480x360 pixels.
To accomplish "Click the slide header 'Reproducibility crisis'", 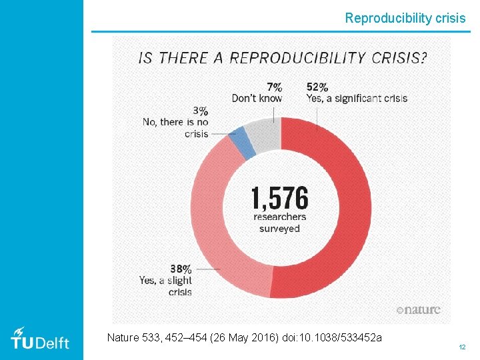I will [x=405, y=19].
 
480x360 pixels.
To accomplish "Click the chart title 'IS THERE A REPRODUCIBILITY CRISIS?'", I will [x=283, y=57].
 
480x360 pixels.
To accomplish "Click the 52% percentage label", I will [x=317, y=87].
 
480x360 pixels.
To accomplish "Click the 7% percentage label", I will [x=274, y=87].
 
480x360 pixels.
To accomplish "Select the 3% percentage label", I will [x=200, y=111].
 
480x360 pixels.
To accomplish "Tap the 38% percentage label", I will [x=181, y=269].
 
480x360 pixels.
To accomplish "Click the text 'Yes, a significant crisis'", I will [x=357, y=99].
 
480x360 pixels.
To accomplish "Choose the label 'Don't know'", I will [x=257, y=99].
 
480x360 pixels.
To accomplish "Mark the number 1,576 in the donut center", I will [x=280, y=198].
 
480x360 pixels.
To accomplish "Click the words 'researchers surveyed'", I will [x=280, y=223].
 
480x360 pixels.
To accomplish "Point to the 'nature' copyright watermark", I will [x=418, y=310].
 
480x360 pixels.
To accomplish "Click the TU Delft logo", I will [x=40, y=339].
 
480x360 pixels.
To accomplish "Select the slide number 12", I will [x=461, y=348].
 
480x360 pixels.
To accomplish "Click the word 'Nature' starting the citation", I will [x=124, y=338].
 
